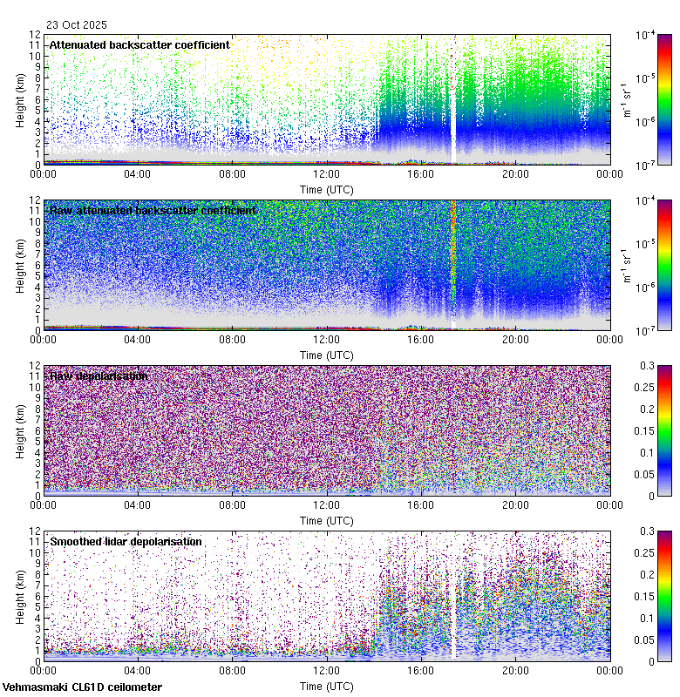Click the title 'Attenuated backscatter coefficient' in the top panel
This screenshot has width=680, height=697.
coord(139,45)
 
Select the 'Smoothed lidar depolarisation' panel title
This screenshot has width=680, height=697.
coord(126,542)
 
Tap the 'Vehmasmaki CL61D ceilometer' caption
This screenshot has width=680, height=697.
coord(82,687)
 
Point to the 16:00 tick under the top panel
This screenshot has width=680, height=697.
coord(421,173)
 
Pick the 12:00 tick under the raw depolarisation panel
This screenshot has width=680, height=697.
coord(326,504)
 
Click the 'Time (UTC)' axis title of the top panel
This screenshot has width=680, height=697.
coord(327,189)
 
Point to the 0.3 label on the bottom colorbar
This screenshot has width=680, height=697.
coord(649,531)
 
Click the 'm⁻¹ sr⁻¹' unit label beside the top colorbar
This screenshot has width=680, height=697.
coord(626,99)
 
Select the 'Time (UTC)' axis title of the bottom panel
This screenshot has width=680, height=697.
coord(327,686)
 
